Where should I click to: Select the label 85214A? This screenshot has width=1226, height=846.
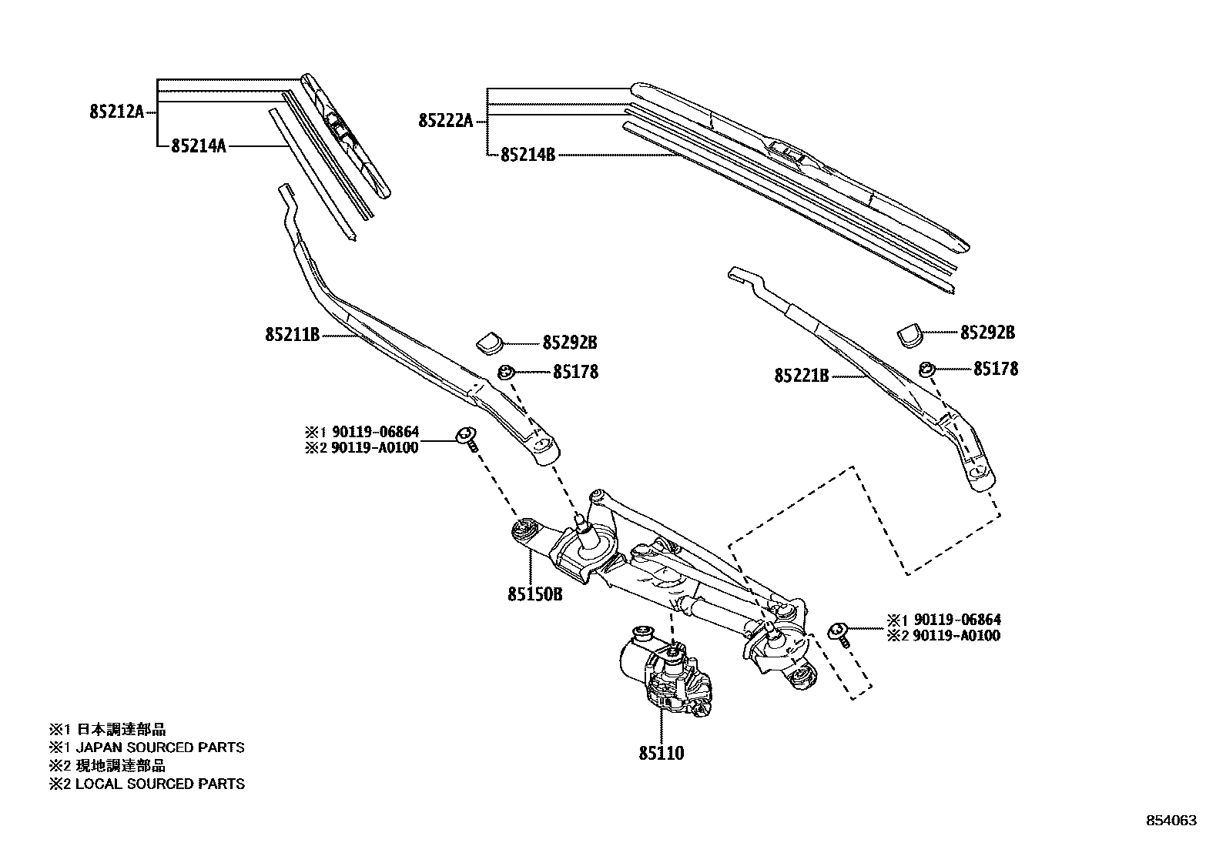point(199,145)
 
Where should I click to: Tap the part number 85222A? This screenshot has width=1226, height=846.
point(445,121)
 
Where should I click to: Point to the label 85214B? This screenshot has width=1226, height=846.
point(528,155)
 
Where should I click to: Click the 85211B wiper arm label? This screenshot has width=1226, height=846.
point(293,335)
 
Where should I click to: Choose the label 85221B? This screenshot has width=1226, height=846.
point(802,376)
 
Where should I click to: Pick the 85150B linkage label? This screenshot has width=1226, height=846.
point(535,594)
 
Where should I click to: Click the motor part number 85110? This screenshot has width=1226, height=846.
point(661,754)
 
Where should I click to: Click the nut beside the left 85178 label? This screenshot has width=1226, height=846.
point(505,373)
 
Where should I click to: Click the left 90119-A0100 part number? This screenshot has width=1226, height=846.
point(374,448)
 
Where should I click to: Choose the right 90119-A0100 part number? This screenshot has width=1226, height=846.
point(956,636)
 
